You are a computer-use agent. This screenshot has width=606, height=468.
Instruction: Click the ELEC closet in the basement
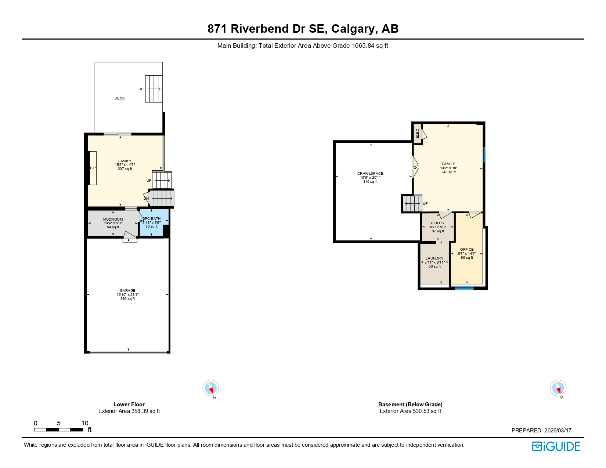[x=417, y=134]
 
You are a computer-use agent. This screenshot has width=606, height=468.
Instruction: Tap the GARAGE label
[x=127, y=291]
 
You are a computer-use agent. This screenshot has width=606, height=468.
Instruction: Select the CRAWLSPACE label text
[x=370, y=174]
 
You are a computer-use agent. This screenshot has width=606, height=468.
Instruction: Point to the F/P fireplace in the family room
[x=93, y=168]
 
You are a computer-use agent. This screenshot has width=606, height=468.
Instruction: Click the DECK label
[x=120, y=98]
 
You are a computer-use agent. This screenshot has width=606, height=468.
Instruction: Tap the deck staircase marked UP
[x=154, y=89]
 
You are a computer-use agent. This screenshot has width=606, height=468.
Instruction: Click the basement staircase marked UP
[x=412, y=203]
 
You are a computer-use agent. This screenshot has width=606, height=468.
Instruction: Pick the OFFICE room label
[x=467, y=250]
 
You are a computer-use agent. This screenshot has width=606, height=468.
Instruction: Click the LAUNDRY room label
[x=434, y=258]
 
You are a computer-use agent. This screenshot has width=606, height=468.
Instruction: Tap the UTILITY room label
[x=437, y=223]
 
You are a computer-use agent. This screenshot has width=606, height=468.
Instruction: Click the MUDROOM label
[x=113, y=220]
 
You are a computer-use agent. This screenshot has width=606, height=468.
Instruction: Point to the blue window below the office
[x=464, y=289]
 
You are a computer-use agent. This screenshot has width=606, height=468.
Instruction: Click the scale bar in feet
[x=58, y=429]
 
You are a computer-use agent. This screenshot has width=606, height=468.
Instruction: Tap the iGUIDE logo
[x=556, y=446]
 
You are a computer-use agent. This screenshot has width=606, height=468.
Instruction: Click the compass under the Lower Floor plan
[x=211, y=388]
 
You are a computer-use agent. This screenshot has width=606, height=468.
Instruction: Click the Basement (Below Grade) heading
[x=410, y=404]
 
